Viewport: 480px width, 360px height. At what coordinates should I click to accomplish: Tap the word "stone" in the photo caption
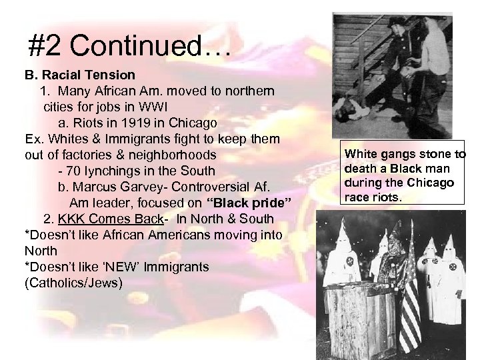427,155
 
